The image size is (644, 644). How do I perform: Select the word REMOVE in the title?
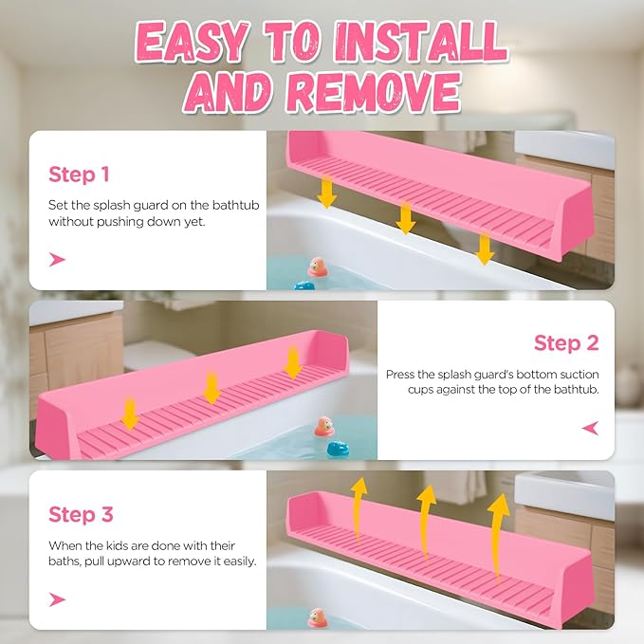[x=373, y=93]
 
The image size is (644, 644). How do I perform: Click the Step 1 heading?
[x=80, y=175]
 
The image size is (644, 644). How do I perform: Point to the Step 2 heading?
[x=565, y=342]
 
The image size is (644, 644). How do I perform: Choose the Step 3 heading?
[x=81, y=515]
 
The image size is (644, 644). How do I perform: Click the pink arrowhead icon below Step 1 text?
[x=58, y=259]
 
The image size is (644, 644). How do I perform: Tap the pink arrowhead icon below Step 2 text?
[x=590, y=429]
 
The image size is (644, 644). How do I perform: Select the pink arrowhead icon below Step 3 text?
[x=58, y=598]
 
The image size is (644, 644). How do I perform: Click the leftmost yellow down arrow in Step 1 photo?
[x=326, y=193]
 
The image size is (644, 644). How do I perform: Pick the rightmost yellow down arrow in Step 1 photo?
[x=485, y=248]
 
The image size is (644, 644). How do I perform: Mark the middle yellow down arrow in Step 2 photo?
[x=212, y=385]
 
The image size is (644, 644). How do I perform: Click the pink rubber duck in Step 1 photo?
[x=318, y=267]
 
